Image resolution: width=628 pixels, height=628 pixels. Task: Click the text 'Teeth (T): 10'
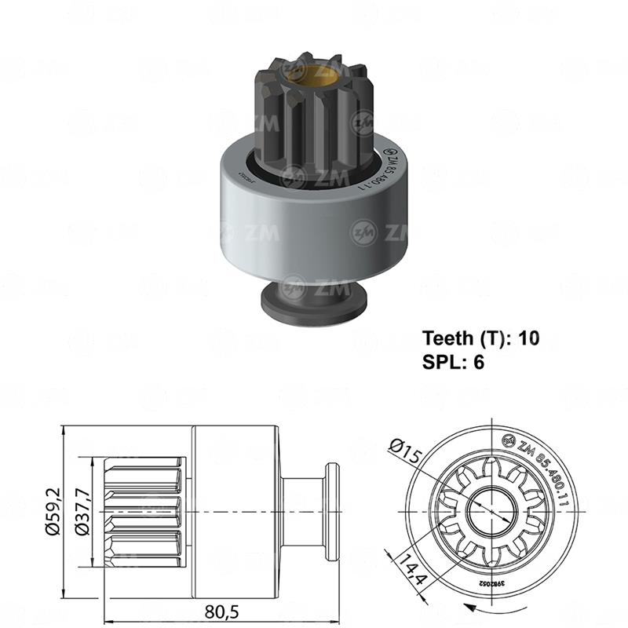click(x=481, y=338)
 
